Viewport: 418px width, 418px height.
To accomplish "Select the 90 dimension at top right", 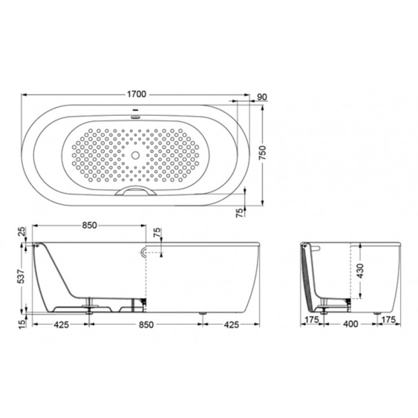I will click(262, 97).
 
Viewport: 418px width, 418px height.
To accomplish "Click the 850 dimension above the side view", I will click(89, 225).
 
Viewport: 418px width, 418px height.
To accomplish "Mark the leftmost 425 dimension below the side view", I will click(61, 324).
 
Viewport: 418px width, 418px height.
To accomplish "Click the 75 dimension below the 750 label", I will click(240, 212).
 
